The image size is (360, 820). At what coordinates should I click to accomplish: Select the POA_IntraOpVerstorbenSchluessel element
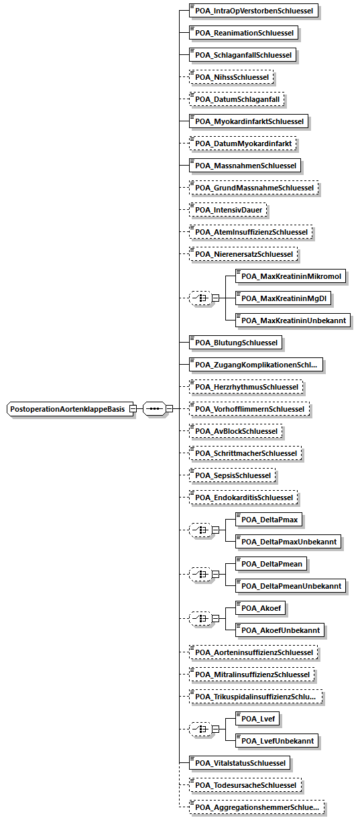point(253,11)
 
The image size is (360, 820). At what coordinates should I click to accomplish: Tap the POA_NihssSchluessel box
point(231,77)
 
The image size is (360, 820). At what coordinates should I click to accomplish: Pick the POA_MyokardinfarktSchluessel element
point(249,121)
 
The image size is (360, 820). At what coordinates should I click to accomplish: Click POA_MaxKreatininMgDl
point(283,298)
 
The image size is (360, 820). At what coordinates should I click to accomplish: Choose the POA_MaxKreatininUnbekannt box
point(293,320)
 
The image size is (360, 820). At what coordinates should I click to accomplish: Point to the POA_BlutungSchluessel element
point(235,343)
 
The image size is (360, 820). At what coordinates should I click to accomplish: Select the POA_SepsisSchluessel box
point(233,475)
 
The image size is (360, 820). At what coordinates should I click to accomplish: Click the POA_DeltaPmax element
point(269,520)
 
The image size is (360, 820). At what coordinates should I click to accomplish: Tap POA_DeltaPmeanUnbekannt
point(290,586)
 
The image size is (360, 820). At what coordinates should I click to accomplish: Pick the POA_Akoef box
point(261,608)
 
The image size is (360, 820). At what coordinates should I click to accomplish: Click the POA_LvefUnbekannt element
point(277,741)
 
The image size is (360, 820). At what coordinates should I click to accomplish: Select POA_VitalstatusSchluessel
point(239,763)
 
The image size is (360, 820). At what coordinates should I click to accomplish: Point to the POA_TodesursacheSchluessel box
point(245,785)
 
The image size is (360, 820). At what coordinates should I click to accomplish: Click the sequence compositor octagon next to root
point(154,408)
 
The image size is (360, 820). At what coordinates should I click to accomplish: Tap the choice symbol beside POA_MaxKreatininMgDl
point(200,298)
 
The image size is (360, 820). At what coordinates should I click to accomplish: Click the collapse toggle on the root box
point(133,408)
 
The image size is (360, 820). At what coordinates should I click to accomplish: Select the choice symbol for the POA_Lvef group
point(200,729)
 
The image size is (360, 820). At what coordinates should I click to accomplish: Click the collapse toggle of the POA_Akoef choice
point(216,619)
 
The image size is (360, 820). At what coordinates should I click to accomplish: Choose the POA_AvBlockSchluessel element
point(236,431)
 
